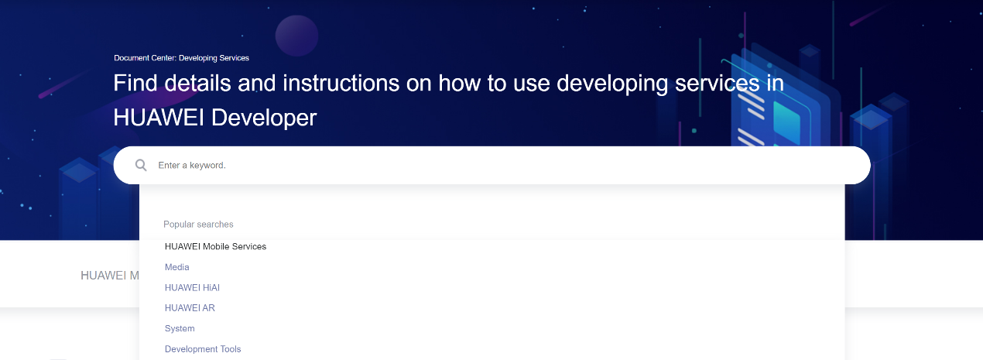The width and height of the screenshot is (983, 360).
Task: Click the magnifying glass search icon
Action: [x=141, y=165]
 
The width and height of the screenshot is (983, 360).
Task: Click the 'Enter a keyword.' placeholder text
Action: [x=192, y=166]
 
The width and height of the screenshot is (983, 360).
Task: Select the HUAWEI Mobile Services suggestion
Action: [x=215, y=246]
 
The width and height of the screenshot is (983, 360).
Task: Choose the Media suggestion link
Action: [x=176, y=267]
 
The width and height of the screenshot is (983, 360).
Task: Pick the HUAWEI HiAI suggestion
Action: [x=192, y=287]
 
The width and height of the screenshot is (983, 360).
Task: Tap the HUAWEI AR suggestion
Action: [x=190, y=308]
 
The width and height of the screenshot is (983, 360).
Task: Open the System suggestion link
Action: [x=180, y=328]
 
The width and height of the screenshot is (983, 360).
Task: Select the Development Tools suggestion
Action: [x=203, y=349]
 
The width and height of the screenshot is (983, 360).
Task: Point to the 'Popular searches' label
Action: [x=198, y=225]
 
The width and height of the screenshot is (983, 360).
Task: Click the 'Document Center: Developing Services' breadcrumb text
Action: [x=181, y=58]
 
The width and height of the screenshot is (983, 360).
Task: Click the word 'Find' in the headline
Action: [x=135, y=83]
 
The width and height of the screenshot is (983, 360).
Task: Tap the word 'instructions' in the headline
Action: [x=341, y=83]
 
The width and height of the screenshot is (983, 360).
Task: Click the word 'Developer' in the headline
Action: [x=264, y=118]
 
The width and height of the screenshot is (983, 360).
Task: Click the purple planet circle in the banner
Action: [x=296, y=36]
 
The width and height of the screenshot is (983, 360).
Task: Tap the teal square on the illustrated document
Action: [x=786, y=122]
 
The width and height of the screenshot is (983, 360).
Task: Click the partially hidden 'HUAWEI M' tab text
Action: [x=110, y=276]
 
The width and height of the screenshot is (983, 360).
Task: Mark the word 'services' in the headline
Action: [x=717, y=83]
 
